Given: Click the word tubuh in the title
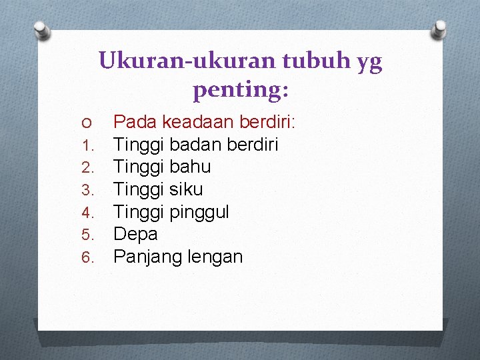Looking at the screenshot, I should (312, 62).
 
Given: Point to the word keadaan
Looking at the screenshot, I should (198, 122).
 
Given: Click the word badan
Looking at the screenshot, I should (197, 144).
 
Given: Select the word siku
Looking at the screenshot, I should (186, 189).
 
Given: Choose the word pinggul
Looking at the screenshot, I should (199, 212).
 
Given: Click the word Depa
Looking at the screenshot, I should (135, 234).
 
